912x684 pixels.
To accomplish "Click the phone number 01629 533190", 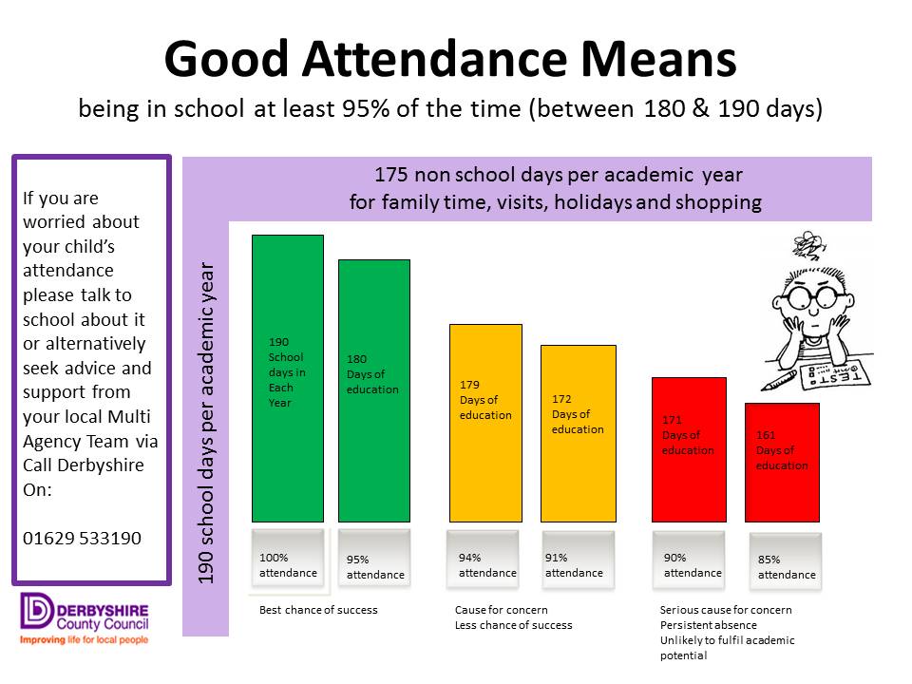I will (x=82, y=538).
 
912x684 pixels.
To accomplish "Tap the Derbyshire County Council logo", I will (x=83, y=618).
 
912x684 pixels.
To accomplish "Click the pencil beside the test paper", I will (x=780, y=381).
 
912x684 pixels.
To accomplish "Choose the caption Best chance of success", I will (x=318, y=610).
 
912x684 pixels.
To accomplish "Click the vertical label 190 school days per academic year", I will (x=206, y=423).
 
